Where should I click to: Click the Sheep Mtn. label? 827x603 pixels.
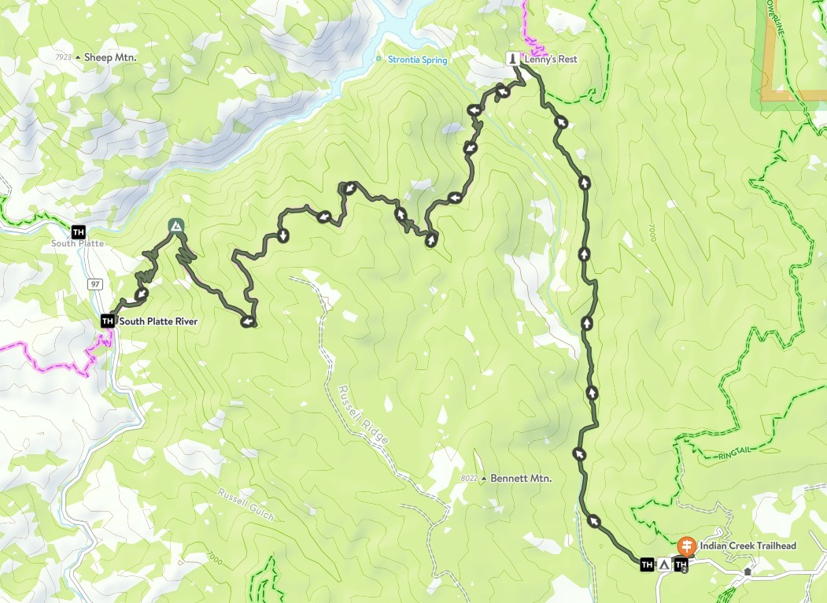coord(110,57)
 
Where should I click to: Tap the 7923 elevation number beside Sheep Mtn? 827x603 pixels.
coord(64,57)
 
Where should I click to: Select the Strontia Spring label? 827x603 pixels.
coord(417,60)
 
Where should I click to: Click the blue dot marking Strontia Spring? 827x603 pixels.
coord(378,59)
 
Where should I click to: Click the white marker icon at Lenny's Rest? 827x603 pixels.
coord(512,59)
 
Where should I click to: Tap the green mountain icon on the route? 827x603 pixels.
coord(175,227)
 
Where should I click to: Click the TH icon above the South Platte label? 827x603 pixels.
coord(78,231)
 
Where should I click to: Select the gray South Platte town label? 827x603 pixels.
coord(77,244)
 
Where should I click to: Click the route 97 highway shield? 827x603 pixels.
coord(95,283)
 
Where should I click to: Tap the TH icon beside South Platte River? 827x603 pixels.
coord(107,321)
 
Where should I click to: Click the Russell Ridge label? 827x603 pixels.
coord(364,416)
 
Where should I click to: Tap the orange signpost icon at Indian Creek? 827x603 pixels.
coord(686,546)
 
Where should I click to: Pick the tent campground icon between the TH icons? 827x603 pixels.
coord(663,564)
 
